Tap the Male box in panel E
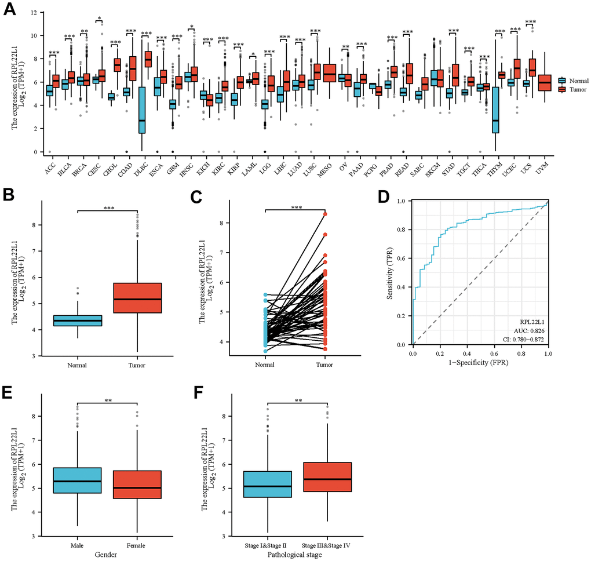pyautogui.click(x=77, y=476)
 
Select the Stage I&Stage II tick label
pyautogui.click(x=268, y=546)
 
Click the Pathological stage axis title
pyautogui.click(x=297, y=555)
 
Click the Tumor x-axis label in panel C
pyautogui.click(x=325, y=366)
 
